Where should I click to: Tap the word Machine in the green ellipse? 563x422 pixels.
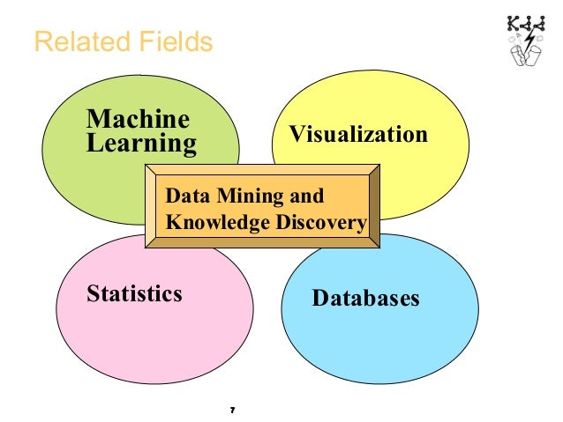pyautogui.click(x=137, y=118)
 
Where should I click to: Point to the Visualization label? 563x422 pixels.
pyautogui.click(x=359, y=135)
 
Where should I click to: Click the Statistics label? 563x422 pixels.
pyautogui.click(x=134, y=292)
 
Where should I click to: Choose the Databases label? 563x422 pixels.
pyautogui.click(x=366, y=298)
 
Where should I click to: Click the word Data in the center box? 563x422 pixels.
pyautogui.click(x=184, y=196)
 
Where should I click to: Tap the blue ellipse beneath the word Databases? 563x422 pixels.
pyautogui.click(x=379, y=344)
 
